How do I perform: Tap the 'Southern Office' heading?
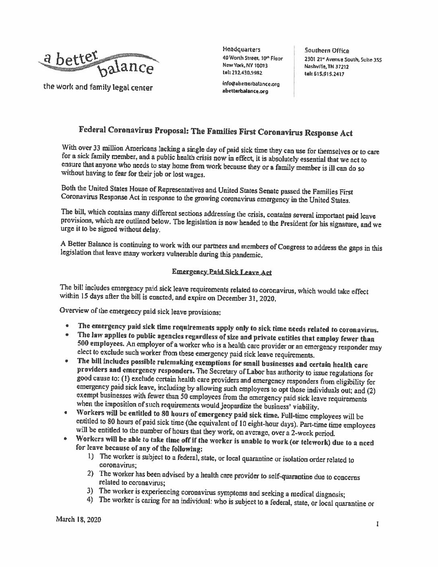coord(326,51)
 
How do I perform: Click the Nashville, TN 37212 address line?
coord(326,66)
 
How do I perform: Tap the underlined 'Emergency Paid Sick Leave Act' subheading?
coord(221,273)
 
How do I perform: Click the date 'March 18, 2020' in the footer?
coord(79,520)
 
